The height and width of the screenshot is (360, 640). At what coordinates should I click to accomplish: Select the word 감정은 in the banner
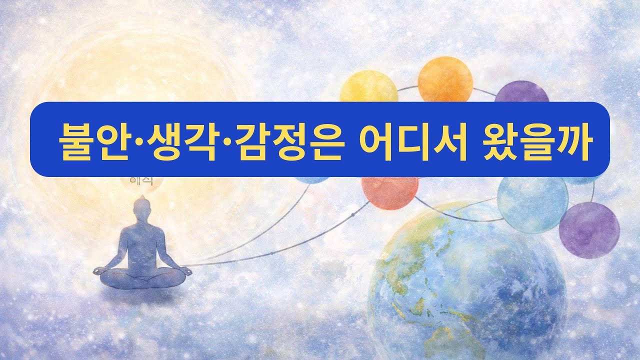(283, 139)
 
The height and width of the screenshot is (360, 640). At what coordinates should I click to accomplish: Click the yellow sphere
(368, 90)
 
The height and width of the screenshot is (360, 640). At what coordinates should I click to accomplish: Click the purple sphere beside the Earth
(589, 230)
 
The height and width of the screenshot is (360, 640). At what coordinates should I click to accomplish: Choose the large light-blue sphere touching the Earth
(532, 203)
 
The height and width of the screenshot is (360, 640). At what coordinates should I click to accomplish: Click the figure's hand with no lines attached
(99, 270)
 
